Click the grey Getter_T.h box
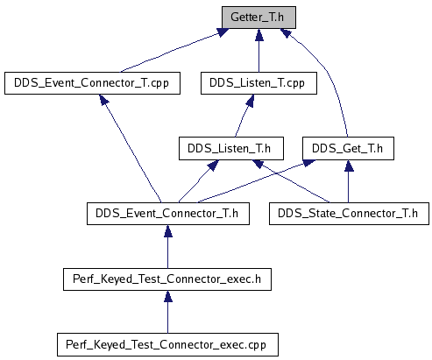258,18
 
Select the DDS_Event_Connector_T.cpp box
92,83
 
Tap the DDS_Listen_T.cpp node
258,83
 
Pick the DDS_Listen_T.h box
231,148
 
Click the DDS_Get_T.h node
348,148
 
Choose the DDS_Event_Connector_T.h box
168,214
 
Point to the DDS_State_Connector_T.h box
349,214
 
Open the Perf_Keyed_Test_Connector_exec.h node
167,279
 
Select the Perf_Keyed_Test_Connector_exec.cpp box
167,344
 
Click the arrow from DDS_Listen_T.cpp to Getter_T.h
258,50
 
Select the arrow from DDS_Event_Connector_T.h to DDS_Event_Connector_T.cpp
131,148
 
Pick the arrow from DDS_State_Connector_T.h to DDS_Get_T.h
348,181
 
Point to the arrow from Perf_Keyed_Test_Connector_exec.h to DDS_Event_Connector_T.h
167,246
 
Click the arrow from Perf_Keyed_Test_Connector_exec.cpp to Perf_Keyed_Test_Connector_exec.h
167,312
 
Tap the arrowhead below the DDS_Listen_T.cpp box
251,100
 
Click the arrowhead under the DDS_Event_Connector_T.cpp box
103,100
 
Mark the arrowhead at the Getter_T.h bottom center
259,35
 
